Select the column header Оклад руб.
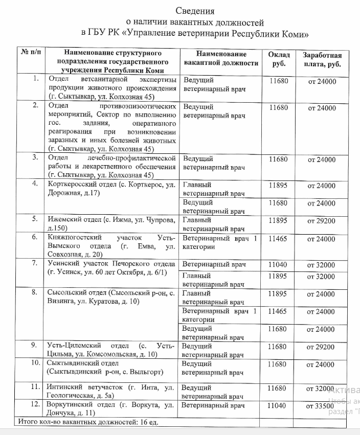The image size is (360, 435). click(279, 59)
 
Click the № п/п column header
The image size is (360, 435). click(31, 53)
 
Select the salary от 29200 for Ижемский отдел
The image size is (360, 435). click(321, 221)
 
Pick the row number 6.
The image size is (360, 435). click(35, 237)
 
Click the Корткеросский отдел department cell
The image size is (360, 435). click(111, 189)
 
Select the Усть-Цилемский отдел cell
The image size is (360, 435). click(111, 350)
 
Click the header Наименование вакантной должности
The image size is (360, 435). click(221, 59)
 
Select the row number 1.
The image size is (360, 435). click(35, 79)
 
